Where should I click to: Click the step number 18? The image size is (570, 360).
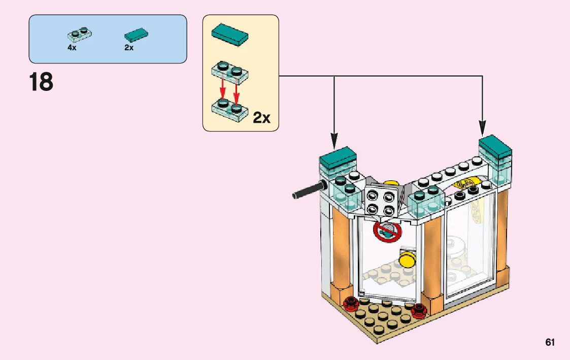pos(41,83)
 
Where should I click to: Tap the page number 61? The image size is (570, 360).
pos(550,342)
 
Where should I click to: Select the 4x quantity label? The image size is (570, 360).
pos(72,48)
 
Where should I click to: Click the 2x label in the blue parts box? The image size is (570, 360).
pos(128,48)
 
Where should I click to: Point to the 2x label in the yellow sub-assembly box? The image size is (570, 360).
pos(261,118)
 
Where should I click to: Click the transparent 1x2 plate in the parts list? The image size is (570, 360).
pos(79,35)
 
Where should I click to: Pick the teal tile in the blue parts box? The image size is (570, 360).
pos(137,35)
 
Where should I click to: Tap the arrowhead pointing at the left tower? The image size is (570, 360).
pos(334,137)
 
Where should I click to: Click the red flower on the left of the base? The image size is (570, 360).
pos(350,304)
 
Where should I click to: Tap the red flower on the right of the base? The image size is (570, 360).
pos(418,311)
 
